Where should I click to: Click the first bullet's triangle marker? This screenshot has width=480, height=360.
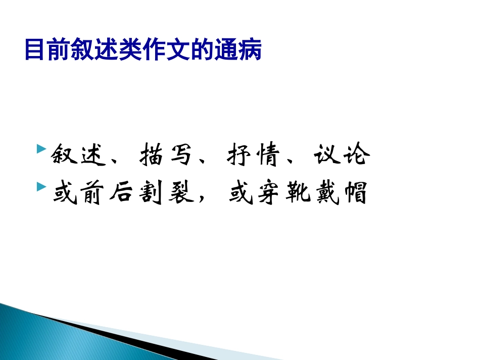coord(41,150)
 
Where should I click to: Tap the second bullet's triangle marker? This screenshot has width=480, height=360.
coord(41,187)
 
